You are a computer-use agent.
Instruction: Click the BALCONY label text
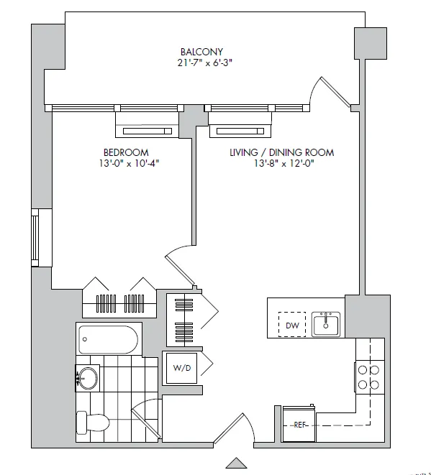[201, 52]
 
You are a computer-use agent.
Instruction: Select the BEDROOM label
[126, 152]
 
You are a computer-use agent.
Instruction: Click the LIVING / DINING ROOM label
[281, 152]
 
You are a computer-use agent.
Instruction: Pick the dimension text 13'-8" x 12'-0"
[284, 164]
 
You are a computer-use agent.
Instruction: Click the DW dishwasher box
[292, 325]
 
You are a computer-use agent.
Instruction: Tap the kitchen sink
[326, 324]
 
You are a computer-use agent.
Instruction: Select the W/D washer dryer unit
[181, 368]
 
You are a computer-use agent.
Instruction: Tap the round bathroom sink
[88, 378]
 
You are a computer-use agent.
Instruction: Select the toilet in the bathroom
[92, 423]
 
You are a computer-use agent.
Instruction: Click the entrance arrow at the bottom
[235, 464]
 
